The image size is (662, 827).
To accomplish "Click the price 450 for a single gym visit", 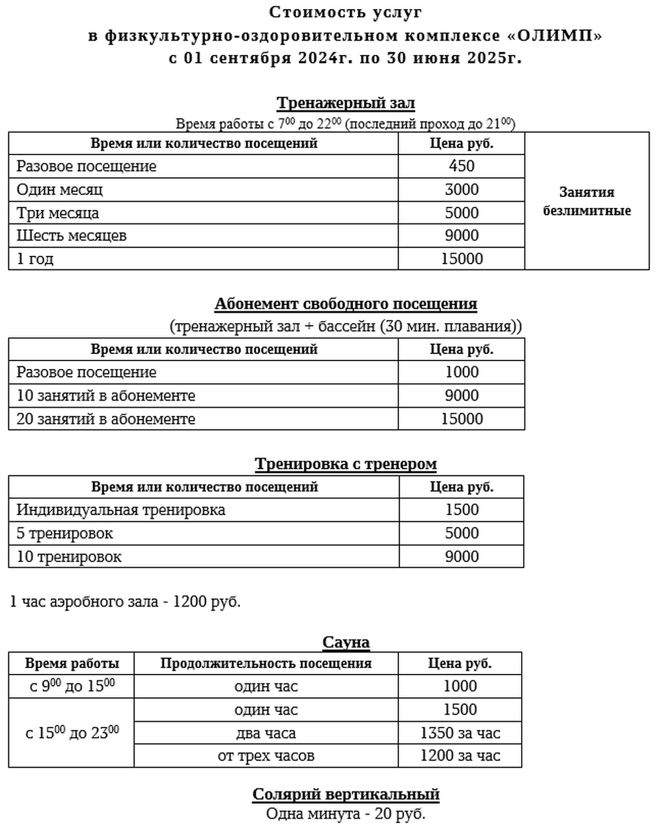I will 462,166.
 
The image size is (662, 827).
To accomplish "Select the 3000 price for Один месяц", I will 462,189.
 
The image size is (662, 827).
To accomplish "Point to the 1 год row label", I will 35,259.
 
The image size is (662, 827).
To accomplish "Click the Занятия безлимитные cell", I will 586,201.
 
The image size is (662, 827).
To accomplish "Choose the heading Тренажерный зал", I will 345,103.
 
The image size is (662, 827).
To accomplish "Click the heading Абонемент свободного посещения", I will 345,304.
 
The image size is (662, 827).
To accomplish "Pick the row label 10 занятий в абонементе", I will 105,395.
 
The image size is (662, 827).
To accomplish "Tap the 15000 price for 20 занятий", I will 462,419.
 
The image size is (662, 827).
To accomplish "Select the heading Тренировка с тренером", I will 345,464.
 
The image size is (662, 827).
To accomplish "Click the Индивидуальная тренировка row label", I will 121,510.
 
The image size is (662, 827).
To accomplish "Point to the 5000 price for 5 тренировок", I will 462,533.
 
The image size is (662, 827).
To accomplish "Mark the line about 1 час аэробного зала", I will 125,602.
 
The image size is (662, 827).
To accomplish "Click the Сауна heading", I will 345,642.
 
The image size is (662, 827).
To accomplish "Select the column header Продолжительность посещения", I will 266,664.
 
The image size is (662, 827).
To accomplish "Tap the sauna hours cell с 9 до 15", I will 72,686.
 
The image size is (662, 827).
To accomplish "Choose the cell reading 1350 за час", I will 460,733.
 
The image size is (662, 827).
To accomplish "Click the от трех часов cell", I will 266,756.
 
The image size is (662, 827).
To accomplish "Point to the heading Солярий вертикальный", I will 345,794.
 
